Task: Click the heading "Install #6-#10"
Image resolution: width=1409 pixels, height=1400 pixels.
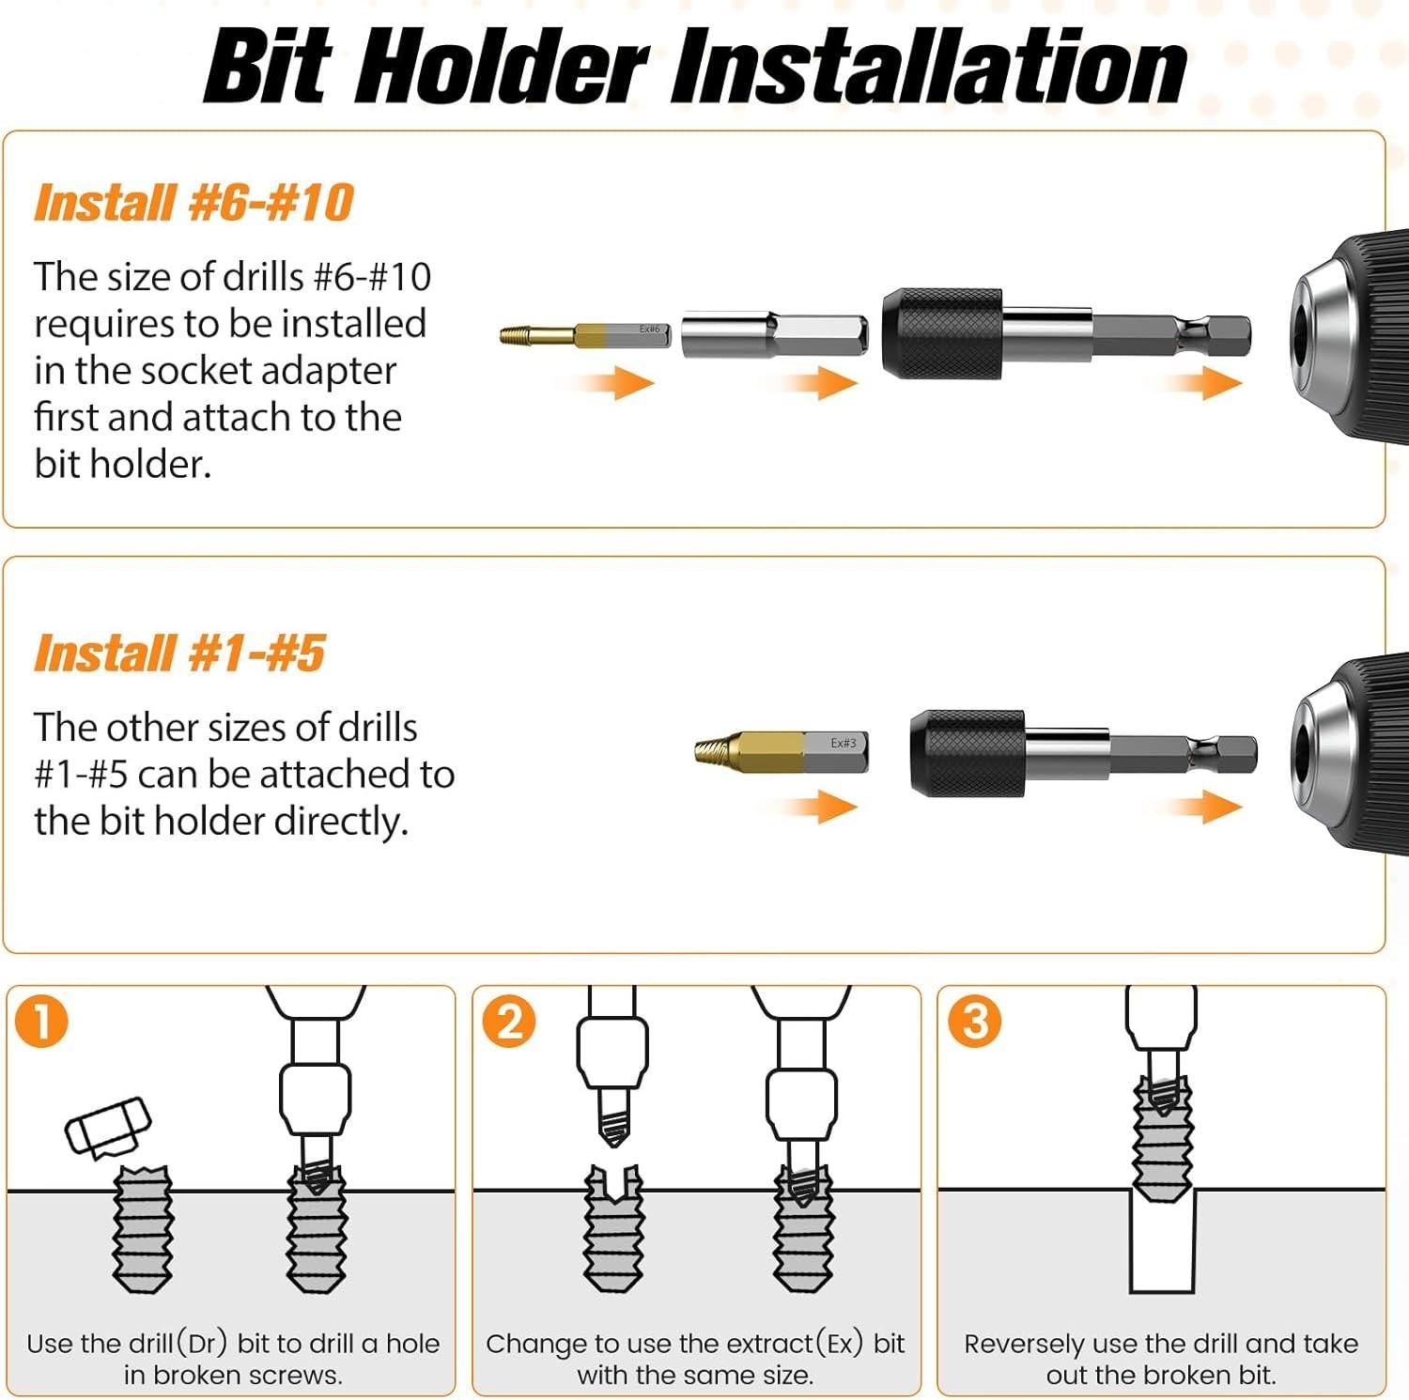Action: click(194, 203)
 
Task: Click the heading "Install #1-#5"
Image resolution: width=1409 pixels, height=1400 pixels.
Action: click(179, 654)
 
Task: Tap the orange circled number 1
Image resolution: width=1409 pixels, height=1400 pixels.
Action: click(42, 1021)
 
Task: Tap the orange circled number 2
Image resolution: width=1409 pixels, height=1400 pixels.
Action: click(508, 1021)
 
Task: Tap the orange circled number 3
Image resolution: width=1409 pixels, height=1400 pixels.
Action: click(974, 1021)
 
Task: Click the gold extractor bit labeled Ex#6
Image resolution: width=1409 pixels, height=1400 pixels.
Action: click(585, 334)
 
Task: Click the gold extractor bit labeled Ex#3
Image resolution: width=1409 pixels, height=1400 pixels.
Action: click(782, 751)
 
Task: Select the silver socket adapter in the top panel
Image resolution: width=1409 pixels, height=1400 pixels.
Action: click(774, 334)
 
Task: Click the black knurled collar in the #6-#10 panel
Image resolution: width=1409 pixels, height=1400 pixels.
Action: click(942, 333)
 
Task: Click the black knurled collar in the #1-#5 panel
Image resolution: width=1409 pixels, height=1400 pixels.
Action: click(968, 754)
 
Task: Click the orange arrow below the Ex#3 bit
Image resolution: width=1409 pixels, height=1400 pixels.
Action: click(810, 806)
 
